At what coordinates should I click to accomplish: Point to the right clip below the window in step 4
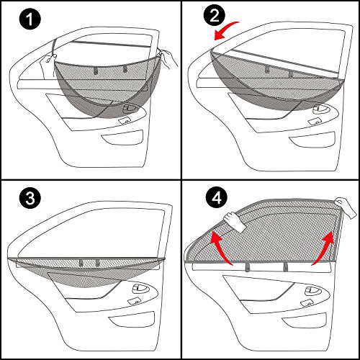click(287, 268)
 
